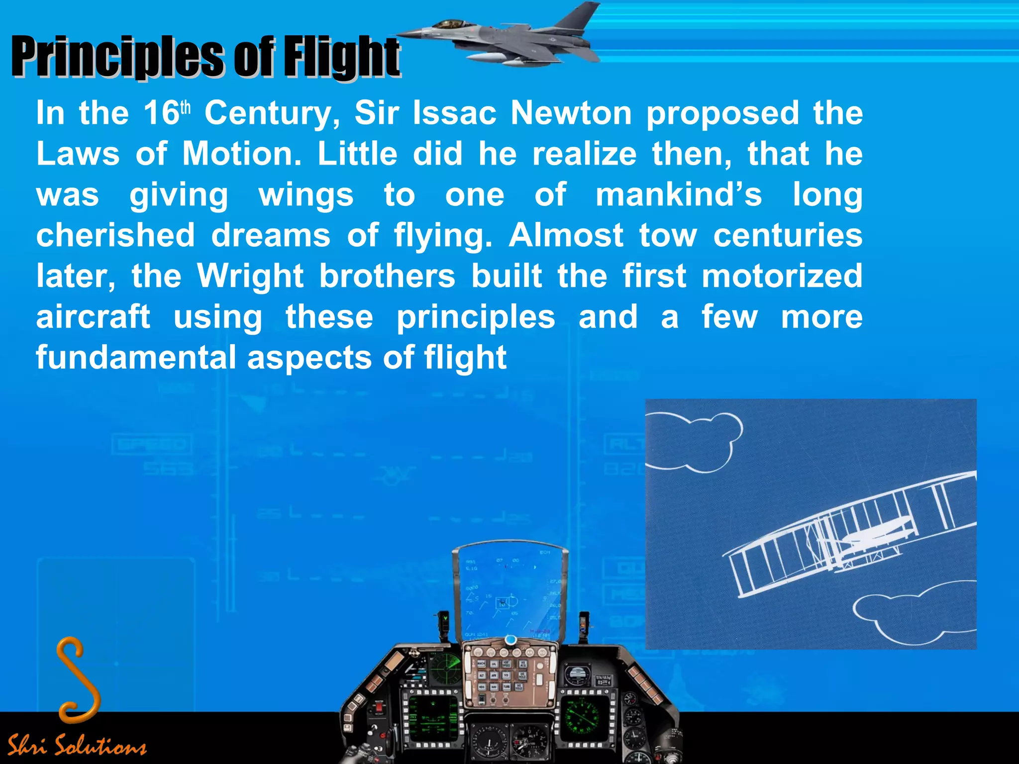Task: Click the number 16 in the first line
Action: click(x=161, y=113)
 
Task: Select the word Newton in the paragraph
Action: click(x=571, y=113)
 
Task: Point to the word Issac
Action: click(x=454, y=113)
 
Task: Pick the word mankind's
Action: click(x=679, y=195)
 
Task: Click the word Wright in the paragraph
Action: click(x=250, y=277)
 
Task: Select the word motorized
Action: click(x=782, y=277)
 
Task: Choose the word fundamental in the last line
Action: click(x=136, y=358)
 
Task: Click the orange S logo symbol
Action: click(x=78, y=679)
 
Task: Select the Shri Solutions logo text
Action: click(x=77, y=745)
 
